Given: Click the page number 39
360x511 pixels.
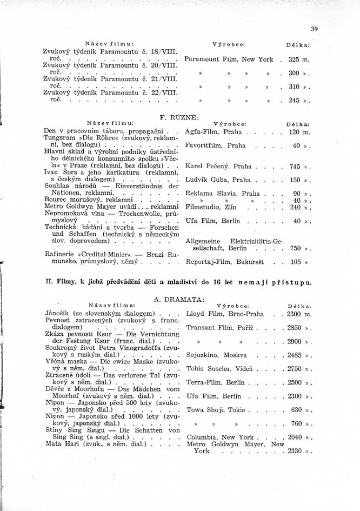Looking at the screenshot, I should [x=315, y=29].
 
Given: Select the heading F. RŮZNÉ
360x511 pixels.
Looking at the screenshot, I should [x=180, y=117].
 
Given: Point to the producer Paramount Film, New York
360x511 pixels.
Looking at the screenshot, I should [x=229, y=59].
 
